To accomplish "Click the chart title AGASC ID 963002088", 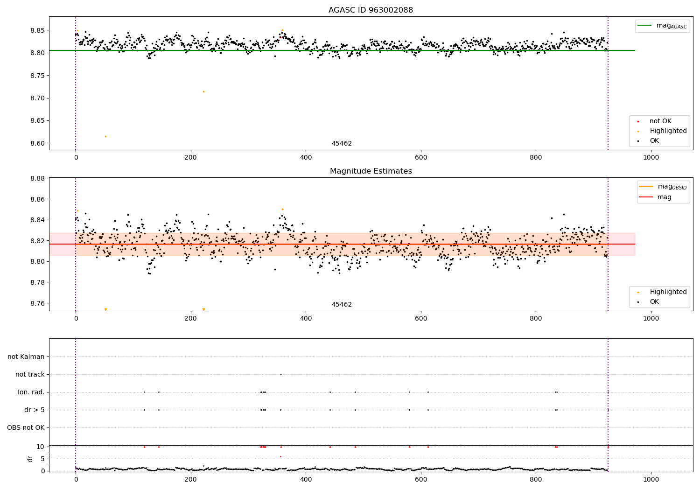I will pyautogui.click(x=371, y=10).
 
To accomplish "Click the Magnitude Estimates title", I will pyautogui.click(x=371, y=171).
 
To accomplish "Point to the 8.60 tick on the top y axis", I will pyautogui.click(x=37, y=143).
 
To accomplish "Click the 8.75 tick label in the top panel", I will pyautogui.click(x=37, y=76).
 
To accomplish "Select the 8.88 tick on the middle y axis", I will pyautogui.click(x=37, y=178).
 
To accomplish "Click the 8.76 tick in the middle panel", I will pyautogui.click(x=37, y=303).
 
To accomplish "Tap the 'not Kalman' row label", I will pyautogui.click(x=26, y=357).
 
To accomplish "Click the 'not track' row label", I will pyautogui.click(x=30, y=374).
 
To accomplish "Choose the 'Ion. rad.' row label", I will pyautogui.click(x=31, y=392).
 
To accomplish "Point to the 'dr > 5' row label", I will pyautogui.click(x=35, y=410).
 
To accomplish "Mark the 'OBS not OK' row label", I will pyautogui.click(x=26, y=427).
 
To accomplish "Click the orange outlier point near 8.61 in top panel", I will pyautogui.click(x=105, y=136).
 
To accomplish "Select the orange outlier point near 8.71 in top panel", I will pyautogui.click(x=203, y=91).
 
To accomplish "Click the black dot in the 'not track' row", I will pyautogui.click(x=280, y=374).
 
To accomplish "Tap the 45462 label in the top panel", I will pyautogui.click(x=342, y=143).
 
